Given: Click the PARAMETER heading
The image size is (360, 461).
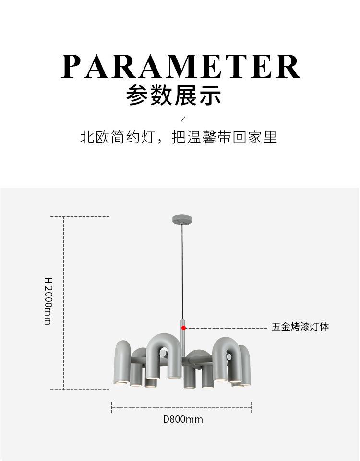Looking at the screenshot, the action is [x=180, y=67].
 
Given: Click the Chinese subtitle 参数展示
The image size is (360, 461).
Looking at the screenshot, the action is [x=174, y=95].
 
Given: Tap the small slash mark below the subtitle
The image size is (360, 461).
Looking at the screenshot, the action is [x=182, y=118].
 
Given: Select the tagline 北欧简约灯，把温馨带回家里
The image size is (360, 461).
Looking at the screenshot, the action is [x=179, y=138].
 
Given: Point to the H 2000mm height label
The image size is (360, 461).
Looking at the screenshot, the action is [x=48, y=300].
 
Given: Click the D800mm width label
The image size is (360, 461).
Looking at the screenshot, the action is [x=182, y=419].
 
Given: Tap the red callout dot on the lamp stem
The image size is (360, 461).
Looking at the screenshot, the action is [x=183, y=328].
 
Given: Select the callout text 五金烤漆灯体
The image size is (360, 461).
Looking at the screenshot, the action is [x=300, y=327].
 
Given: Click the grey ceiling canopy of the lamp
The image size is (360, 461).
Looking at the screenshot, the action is [x=182, y=220].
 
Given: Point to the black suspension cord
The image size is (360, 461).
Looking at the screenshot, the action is [x=182, y=269].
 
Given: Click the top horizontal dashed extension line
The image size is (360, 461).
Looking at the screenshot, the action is [x=86, y=216].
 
